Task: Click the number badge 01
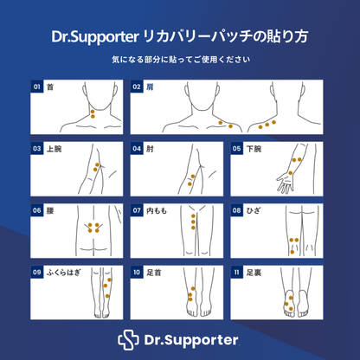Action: [37, 87]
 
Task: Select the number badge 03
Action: [37, 149]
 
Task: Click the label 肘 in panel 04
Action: [149, 149]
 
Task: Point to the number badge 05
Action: [237, 149]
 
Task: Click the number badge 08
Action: [237, 210]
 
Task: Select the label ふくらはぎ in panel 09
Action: [63, 272]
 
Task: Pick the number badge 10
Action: [137, 272]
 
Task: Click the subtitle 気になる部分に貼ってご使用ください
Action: [180, 60]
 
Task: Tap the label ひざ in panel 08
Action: [254, 210]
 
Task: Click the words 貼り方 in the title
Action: [294, 38]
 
